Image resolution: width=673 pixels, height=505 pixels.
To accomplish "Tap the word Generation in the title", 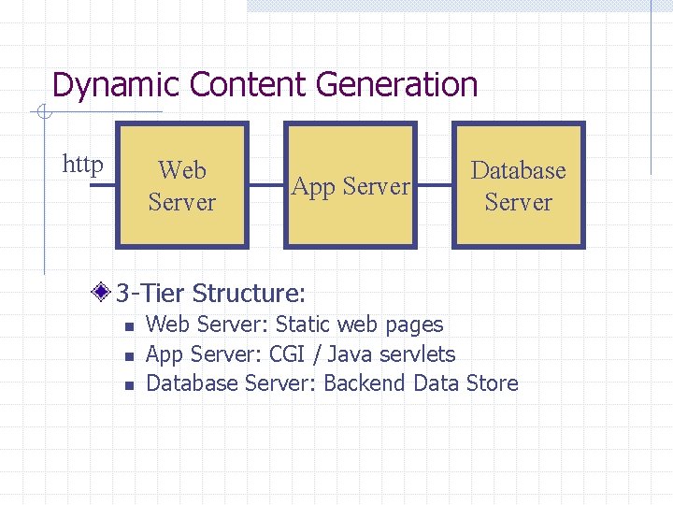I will click(x=397, y=85).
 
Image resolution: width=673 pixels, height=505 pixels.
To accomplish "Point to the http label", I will click(x=82, y=166).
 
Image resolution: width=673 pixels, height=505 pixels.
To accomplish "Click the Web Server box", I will click(x=182, y=185).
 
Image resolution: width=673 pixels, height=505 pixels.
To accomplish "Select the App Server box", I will click(x=351, y=185).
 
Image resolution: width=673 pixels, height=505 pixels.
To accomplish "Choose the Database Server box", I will click(x=519, y=185).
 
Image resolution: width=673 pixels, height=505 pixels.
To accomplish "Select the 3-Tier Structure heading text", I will click(x=210, y=294).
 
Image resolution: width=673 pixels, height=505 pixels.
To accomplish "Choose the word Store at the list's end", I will click(x=491, y=383).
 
